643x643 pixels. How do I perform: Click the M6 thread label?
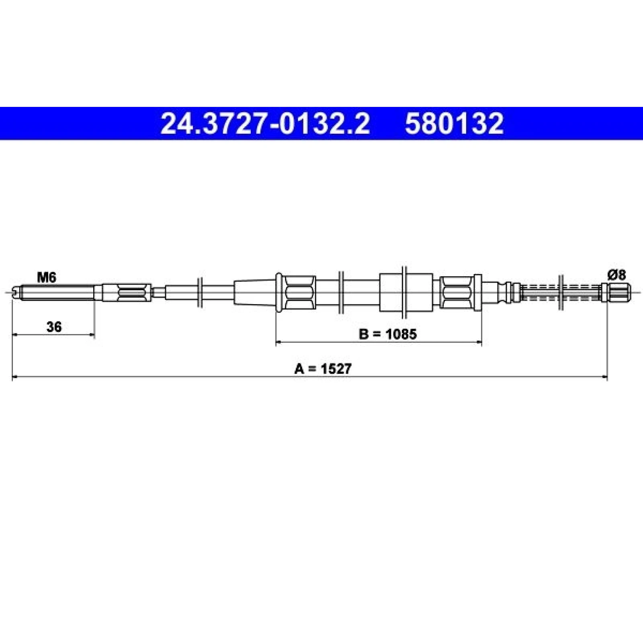[x=47, y=277]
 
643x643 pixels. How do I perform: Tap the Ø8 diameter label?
[x=616, y=275]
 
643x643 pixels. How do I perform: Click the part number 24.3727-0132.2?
[x=265, y=123]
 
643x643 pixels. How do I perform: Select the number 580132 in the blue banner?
[x=454, y=123]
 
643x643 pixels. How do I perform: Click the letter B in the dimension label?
[x=363, y=334]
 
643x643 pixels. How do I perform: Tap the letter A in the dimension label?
[x=299, y=369]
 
